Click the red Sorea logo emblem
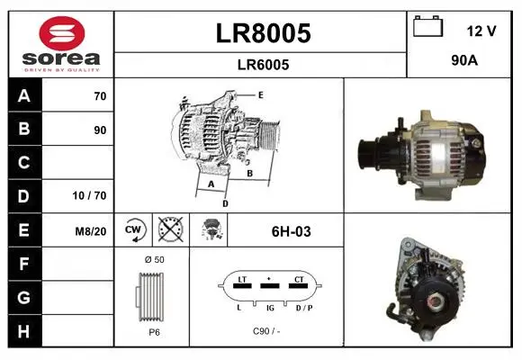[x=62, y=33]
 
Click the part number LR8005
[x=263, y=33]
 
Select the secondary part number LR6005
[x=263, y=65]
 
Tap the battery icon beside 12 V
[x=427, y=26]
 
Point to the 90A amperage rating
[x=464, y=60]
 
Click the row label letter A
[x=24, y=96]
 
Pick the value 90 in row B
[x=100, y=130]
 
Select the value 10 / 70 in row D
[x=89, y=195]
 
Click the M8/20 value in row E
[x=91, y=231]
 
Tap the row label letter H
[x=23, y=331]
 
